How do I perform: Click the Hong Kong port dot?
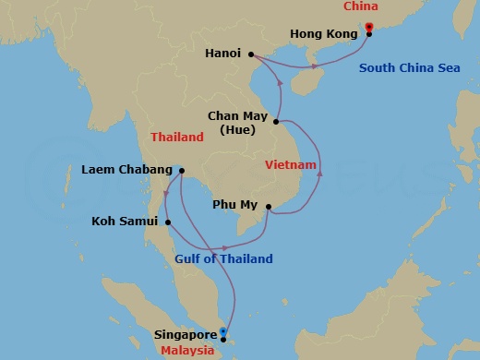point(369,34)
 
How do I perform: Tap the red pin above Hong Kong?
point(369,27)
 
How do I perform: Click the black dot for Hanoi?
point(251,54)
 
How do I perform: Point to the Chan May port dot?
point(276,120)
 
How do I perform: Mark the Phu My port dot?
point(268,207)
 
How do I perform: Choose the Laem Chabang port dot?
point(182,170)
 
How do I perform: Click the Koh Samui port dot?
point(167,222)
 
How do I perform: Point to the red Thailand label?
point(176,137)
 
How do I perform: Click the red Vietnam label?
point(291,165)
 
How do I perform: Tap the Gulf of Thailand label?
point(223,259)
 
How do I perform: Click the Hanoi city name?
point(224,54)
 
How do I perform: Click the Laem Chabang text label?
point(126,170)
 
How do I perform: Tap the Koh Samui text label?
point(126,222)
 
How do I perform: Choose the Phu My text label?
point(235,207)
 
